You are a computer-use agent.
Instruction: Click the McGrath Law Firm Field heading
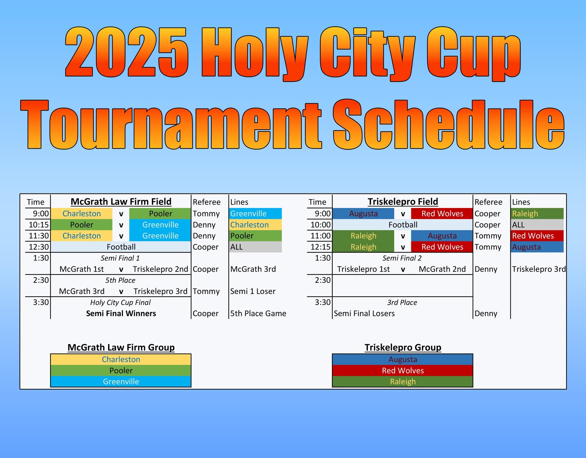point(121,202)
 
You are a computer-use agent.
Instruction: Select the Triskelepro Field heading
point(403,202)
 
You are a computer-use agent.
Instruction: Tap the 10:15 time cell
point(39,225)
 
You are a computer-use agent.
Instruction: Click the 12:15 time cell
point(321,247)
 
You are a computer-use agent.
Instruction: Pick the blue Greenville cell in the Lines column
point(255,214)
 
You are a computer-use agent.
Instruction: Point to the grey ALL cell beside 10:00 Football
point(537,225)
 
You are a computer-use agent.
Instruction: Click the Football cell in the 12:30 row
point(121,247)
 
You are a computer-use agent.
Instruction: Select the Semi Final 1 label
point(120,258)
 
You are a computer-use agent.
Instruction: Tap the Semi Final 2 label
point(402,258)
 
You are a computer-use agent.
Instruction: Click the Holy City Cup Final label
point(120,302)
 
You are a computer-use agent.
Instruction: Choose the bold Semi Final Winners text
point(121,314)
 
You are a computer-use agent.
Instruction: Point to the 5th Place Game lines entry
point(258,314)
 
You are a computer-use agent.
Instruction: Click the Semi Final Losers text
point(364,314)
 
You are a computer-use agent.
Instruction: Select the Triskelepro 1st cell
point(363,269)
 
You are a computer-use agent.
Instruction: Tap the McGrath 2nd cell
point(442,269)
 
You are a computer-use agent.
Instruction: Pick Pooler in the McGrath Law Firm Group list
point(121,371)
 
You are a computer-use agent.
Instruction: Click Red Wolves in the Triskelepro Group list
point(403,371)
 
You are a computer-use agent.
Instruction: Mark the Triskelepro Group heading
point(403,348)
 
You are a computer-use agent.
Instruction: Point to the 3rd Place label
point(402,302)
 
